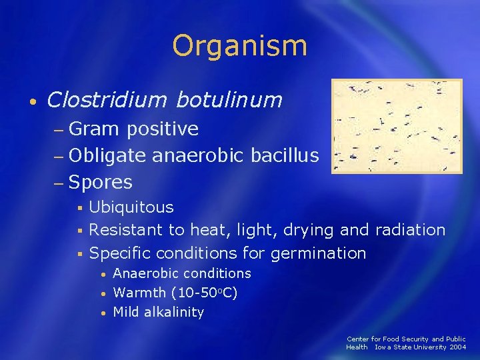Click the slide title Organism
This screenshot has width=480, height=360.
point(239,46)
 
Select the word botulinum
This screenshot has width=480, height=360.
point(229,100)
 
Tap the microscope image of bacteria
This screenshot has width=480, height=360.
point(397,127)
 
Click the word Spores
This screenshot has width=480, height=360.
point(100,182)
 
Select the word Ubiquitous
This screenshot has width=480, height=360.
point(131,207)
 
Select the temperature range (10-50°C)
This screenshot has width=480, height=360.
point(204,293)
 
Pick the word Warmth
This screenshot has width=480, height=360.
point(140,293)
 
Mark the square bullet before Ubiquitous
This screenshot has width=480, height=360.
point(78,208)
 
